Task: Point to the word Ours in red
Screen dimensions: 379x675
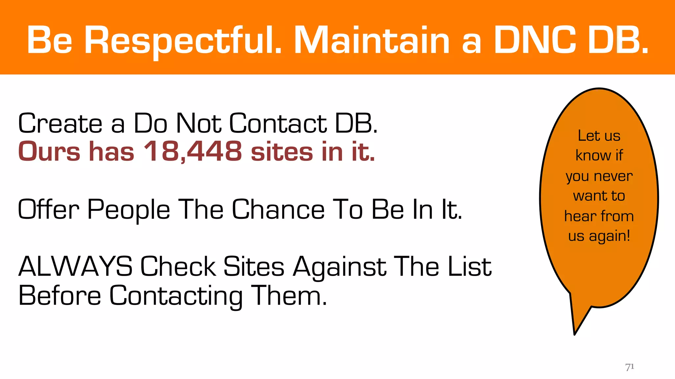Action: point(49,152)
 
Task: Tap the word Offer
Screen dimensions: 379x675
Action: point(48,210)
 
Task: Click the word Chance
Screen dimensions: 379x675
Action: point(279,210)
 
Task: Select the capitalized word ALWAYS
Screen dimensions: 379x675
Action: point(75,266)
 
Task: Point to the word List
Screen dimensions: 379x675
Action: point(469,266)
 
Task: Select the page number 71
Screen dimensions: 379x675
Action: point(630,367)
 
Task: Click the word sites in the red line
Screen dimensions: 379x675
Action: point(281,152)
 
